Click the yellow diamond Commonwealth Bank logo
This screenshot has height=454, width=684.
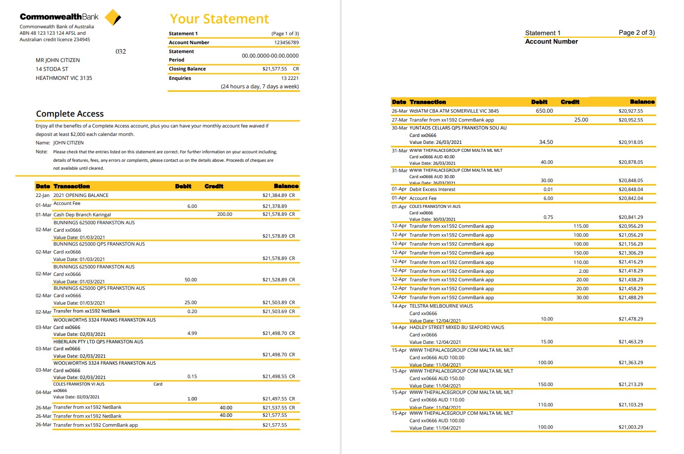click(113, 17)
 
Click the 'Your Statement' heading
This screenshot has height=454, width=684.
click(219, 19)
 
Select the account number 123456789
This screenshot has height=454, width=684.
click(286, 43)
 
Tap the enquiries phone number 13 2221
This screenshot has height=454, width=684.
click(290, 78)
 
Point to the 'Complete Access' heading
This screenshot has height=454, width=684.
click(70, 114)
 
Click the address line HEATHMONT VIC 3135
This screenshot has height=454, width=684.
click(64, 78)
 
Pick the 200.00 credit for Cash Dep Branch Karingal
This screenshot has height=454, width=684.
click(224, 214)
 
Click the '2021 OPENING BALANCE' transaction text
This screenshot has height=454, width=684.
click(81, 195)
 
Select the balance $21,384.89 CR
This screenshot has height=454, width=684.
click(278, 195)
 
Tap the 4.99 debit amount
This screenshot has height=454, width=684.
click(192, 333)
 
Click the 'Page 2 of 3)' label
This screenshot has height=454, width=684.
click(636, 33)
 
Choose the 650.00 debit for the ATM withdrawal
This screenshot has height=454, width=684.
click(544, 111)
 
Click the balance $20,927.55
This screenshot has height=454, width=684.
click(630, 111)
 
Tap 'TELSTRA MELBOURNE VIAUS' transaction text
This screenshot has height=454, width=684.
click(441, 306)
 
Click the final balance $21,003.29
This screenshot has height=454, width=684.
click(630, 427)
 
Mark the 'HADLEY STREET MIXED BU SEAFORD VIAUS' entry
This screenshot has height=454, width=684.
click(456, 327)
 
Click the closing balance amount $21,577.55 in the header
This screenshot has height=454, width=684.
click(274, 69)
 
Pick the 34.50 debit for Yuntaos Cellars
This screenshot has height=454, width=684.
click(546, 142)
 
